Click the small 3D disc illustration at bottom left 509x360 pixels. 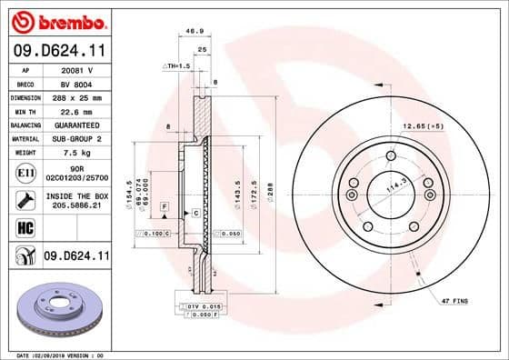click(x=57, y=312)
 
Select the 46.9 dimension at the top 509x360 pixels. click(x=194, y=31)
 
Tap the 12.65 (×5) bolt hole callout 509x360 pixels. click(x=424, y=126)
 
